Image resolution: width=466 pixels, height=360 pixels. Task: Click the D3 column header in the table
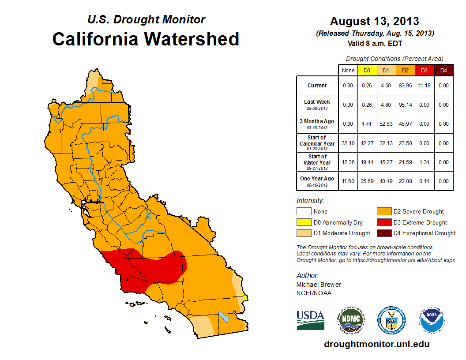[x=424, y=70]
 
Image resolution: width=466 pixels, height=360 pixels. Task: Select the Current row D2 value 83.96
[x=405, y=86]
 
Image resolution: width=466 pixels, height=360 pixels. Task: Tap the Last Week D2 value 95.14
[x=405, y=105]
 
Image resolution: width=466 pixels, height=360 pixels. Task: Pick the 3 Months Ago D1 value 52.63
[x=386, y=124]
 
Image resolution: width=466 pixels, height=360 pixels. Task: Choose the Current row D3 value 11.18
[x=424, y=86]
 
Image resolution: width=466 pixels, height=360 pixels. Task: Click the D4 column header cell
[x=443, y=70]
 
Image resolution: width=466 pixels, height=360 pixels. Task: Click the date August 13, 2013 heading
[x=375, y=21]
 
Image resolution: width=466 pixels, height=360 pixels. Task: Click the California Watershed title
[x=146, y=39]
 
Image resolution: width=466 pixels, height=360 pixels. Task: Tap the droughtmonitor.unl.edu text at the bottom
[x=376, y=344]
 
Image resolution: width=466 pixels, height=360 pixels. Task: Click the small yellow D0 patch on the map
[x=245, y=298]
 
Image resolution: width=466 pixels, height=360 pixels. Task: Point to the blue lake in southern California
[x=224, y=316]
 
